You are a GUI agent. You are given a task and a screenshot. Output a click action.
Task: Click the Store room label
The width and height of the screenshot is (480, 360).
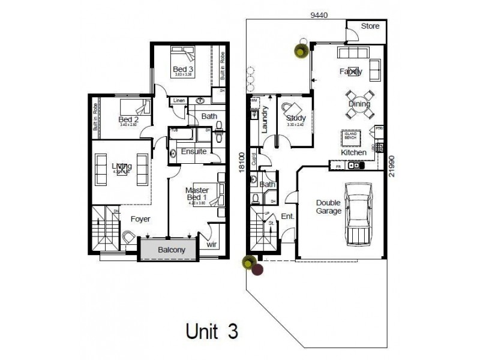370,27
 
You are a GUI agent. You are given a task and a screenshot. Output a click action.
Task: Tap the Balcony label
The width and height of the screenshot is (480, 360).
171,250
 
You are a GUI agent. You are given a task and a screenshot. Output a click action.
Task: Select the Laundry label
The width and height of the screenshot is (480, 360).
265,119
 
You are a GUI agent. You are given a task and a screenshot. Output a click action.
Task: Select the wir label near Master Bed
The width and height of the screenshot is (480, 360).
211,245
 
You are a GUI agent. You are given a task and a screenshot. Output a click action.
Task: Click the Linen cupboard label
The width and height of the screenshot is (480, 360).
179,101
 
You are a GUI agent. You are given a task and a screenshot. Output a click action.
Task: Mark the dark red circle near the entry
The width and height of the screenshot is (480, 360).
257,270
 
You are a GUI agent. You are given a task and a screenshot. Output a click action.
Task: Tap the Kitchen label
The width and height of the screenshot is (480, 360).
353,153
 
